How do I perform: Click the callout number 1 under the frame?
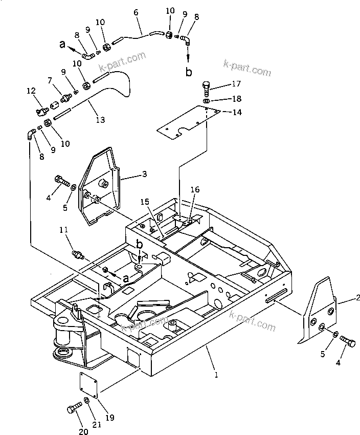pos(216,375)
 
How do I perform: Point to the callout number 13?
pos(100,120)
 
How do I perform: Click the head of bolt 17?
pos(206,85)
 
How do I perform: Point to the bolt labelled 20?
pos(72,409)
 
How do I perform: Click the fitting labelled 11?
pos(78,254)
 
